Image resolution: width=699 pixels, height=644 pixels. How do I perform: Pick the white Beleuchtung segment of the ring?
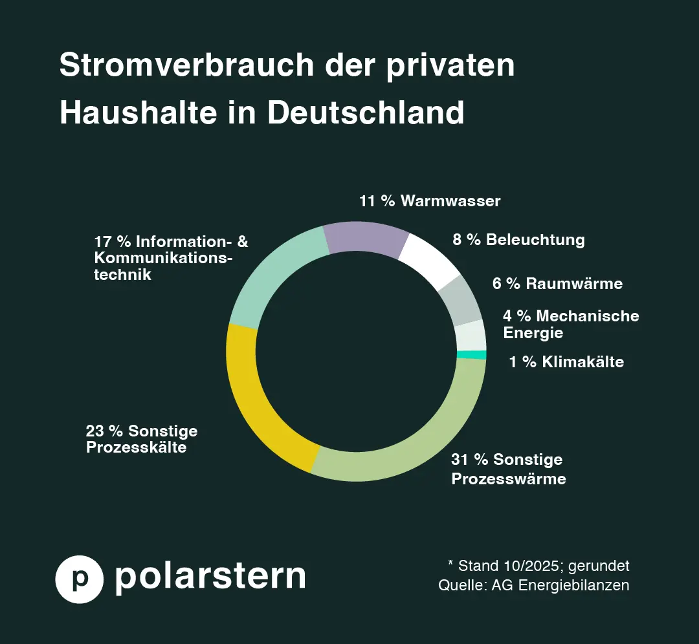430,263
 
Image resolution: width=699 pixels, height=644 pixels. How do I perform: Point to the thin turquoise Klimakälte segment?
471,354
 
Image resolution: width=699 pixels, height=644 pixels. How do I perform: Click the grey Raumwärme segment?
460,301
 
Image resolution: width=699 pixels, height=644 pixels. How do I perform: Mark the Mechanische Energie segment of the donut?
471,336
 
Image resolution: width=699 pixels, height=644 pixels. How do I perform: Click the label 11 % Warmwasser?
430,201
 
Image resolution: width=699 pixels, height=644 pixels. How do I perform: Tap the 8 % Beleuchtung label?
518,240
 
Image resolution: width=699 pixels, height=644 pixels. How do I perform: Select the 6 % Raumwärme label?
557,284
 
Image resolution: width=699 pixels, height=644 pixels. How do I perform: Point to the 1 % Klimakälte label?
566,362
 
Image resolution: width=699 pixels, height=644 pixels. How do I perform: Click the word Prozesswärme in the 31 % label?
508,479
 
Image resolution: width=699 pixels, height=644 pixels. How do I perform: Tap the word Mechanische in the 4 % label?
587,316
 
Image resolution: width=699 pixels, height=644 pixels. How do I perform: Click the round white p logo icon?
80,579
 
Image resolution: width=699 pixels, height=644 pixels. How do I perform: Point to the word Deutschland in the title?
366,113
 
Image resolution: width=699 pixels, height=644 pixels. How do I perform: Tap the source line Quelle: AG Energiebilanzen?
533,586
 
